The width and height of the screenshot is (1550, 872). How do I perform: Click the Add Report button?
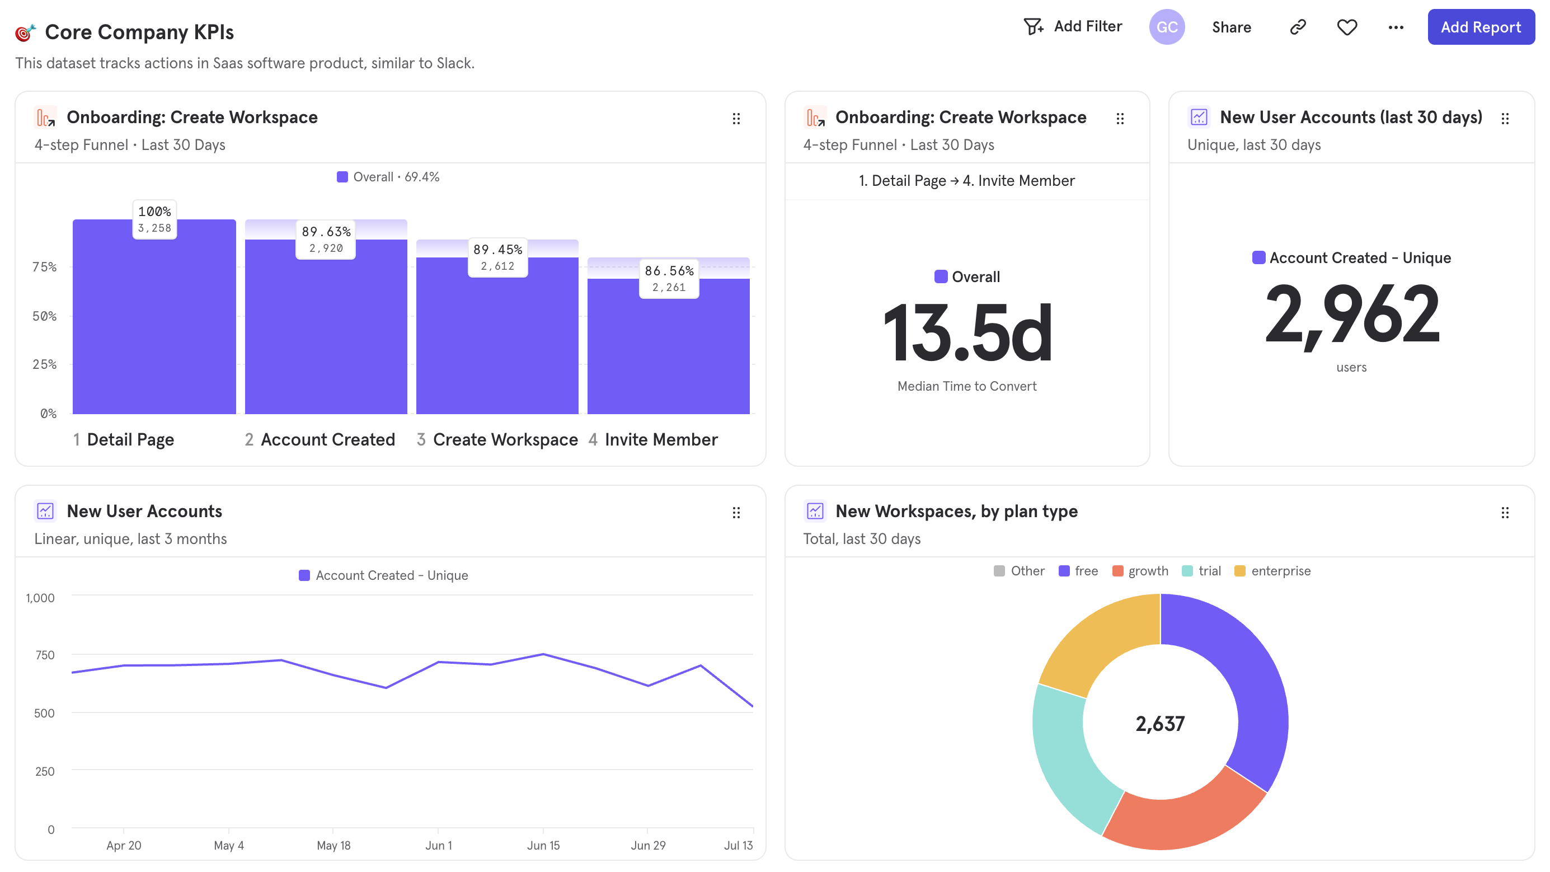point(1480,27)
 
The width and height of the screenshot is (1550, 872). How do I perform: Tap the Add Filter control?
point(1073,26)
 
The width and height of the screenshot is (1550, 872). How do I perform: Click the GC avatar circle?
point(1166,27)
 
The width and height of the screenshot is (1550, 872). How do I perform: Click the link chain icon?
point(1297,27)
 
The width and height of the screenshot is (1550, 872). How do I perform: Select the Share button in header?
point(1231,27)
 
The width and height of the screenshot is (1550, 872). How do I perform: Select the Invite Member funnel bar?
point(668,355)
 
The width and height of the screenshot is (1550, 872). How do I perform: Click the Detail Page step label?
point(130,439)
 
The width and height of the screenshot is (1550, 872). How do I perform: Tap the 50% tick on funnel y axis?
point(45,316)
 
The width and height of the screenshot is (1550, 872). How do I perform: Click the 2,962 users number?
point(1351,315)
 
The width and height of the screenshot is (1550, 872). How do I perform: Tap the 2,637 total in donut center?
point(1159,723)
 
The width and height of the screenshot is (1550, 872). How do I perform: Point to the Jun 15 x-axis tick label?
point(543,845)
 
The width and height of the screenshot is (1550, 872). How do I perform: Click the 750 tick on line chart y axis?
point(45,655)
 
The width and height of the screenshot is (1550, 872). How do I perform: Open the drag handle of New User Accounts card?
point(736,512)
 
